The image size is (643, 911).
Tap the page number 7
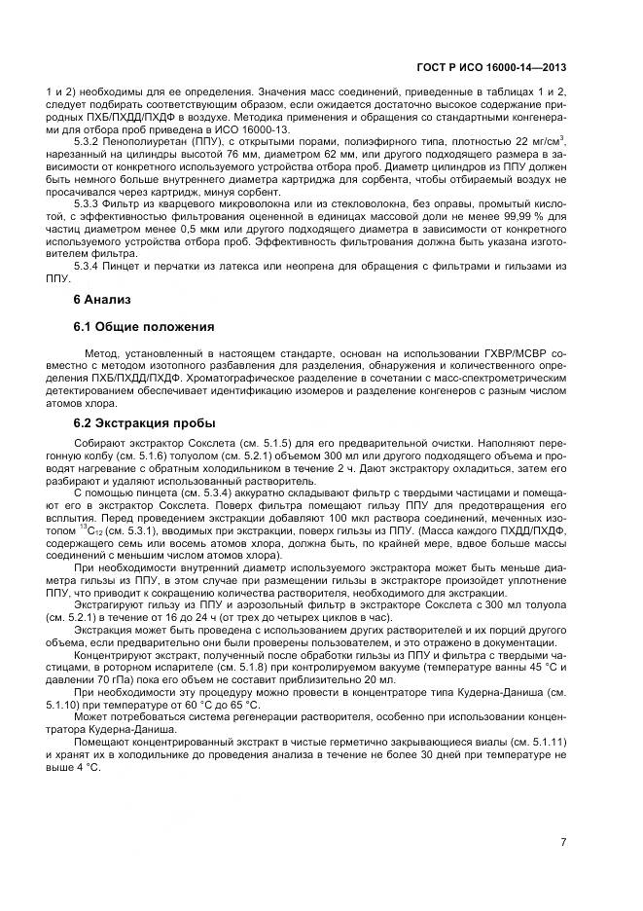pyautogui.click(x=564, y=843)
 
